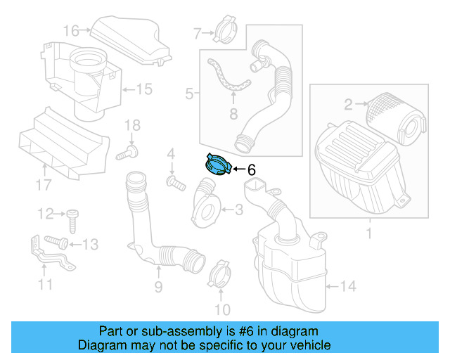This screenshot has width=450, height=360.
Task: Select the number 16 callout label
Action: (x=71, y=30)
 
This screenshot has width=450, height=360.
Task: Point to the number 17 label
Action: (x=43, y=185)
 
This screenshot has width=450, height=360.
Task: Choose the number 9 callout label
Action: (x=158, y=286)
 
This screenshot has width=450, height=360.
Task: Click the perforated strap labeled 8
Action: (x=229, y=78)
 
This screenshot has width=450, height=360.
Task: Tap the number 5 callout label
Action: (x=188, y=93)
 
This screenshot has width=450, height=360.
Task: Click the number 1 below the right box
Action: (x=369, y=231)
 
